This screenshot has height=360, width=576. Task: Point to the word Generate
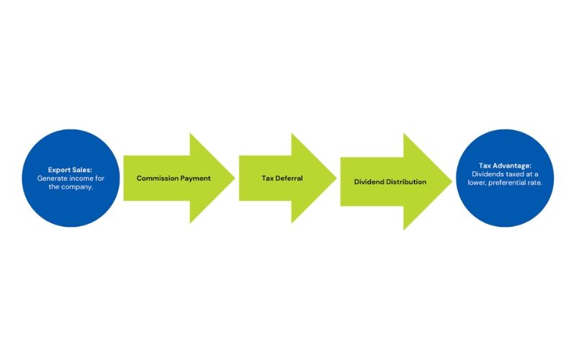(53, 178)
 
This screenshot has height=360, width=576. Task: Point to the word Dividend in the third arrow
(371, 181)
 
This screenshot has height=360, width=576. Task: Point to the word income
(81, 178)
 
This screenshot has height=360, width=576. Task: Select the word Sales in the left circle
(80, 171)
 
